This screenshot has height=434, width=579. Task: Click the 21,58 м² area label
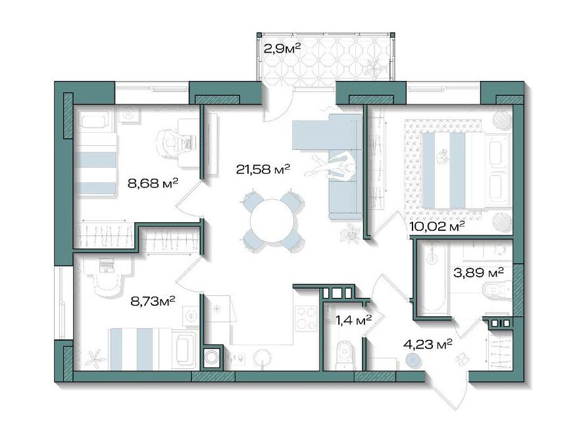(x=263, y=170)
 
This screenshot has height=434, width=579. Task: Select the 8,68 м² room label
(x=153, y=183)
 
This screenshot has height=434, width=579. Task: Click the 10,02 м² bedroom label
(x=436, y=226)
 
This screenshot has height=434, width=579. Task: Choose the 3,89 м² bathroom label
(x=478, y=273)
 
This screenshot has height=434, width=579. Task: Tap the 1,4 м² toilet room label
(x=353, y=320)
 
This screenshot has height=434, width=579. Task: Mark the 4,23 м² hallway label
(x=428, y=345)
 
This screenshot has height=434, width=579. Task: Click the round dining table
(x=273, y=221)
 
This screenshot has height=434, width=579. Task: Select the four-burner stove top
(x=306, y=318)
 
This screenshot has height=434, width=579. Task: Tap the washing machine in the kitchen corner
(x=212, y=357)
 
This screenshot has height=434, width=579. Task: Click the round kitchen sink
(x=263, y=357)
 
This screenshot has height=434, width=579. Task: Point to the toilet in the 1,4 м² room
(x=345, y=354)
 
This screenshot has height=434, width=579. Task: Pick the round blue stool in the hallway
(x=413, y=359)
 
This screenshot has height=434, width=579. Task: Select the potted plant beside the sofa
(x=350, y=233)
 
